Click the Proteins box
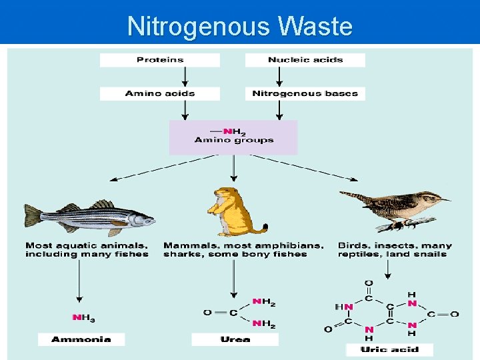pos(160,60)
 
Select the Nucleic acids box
pos(305,60)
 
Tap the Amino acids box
pos(160,93)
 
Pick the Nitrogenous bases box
pos(305,93)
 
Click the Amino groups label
pos(234,140)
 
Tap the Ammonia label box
pos(81,339)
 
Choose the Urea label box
pos(235,339)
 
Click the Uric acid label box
pos(389,349)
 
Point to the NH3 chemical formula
pos(83,317)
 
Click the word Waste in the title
pos(315,27)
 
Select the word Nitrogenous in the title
pos(199,27)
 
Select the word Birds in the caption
pos(353,245)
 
